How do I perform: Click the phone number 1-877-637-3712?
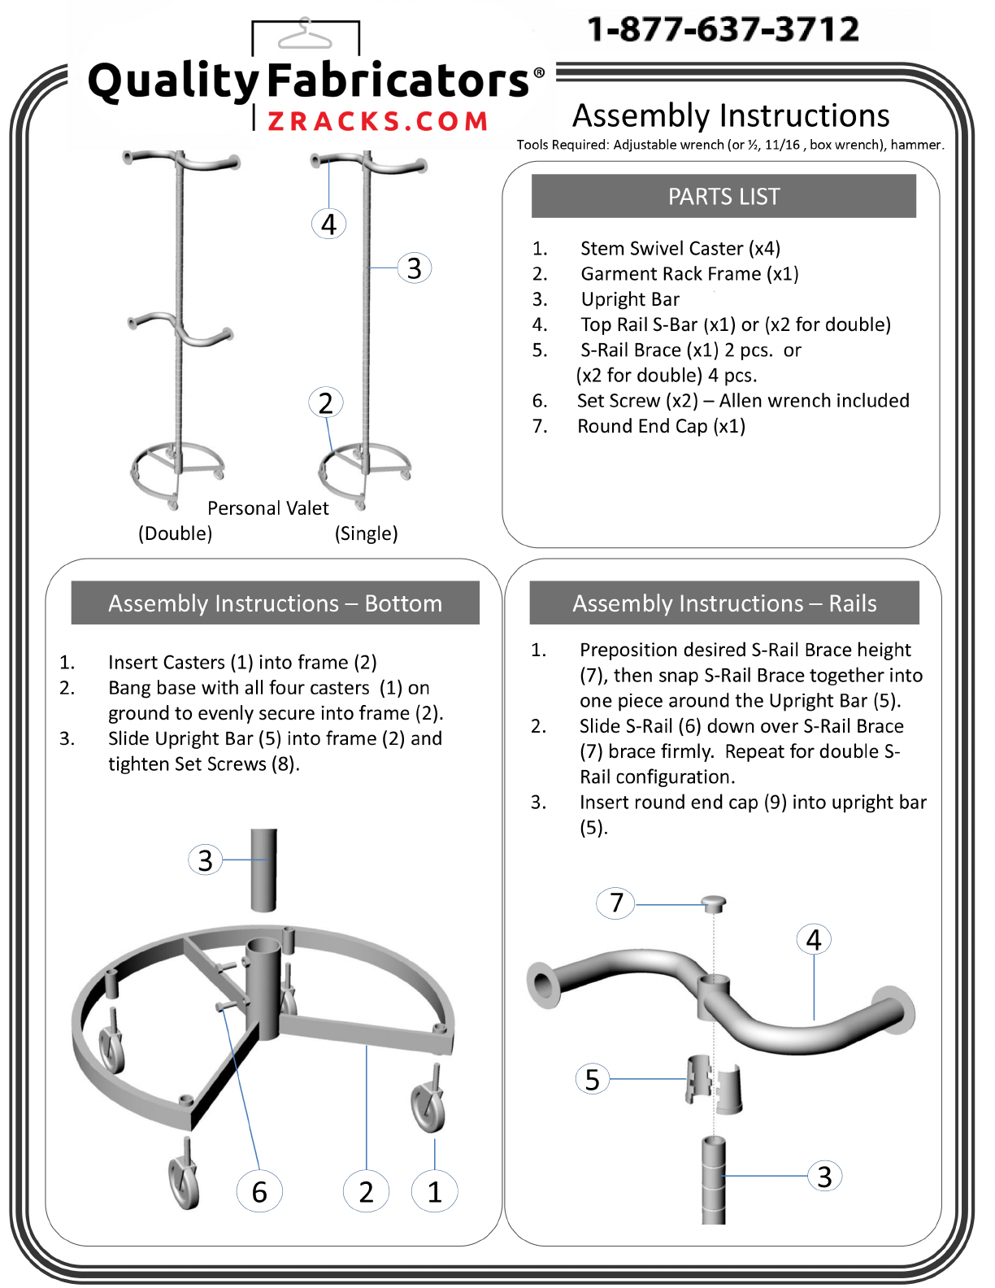pos(723,29)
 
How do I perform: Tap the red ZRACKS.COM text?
pos(377,121)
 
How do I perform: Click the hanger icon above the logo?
pos(305,34)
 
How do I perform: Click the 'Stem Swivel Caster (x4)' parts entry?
pos(680,248)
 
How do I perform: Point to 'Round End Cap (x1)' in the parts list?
pos(661,426)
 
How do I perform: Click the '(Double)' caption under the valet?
pos(175,533)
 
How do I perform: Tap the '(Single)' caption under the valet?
pos(367,533)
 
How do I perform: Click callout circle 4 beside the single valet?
pos(329,224)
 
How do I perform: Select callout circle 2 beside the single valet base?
pos(325,403)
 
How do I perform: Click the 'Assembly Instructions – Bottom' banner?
pos(275,603)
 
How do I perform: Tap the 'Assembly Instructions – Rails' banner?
pos(724,603)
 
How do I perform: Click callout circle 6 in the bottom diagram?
pos(259,1191)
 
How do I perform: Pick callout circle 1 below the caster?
pos(434,1191)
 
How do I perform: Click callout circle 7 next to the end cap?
pos(615,903)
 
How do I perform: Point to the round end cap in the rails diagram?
pos(714,904)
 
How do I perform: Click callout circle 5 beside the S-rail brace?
pos(592,1079)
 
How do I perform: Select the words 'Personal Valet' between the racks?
pos(268,508)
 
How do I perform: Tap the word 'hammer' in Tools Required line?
pos(915,146)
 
